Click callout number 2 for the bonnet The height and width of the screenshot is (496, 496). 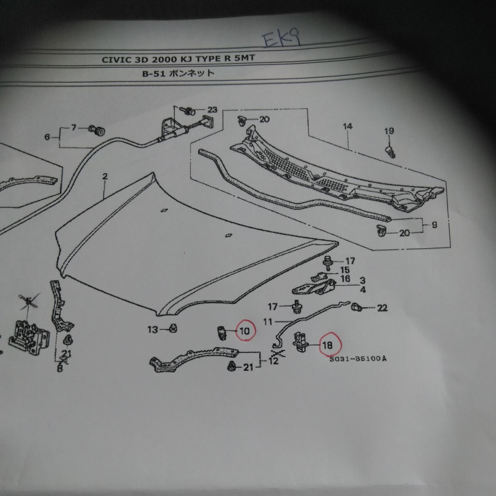point(105,176)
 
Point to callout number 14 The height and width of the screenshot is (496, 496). point(347,126)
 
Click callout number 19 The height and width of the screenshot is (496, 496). point(389,131)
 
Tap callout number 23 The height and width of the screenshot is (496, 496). point(212,110)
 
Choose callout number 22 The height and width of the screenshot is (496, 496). point(382,308)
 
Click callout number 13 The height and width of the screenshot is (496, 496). point(153,329)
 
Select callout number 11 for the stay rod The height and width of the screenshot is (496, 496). point(268,322)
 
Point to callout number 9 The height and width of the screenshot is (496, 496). point(434,225)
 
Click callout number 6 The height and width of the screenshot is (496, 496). point(47,137)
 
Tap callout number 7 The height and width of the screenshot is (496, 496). point(74,127)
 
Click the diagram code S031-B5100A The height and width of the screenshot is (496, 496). point(358,359)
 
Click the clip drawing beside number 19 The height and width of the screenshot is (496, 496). point(390,151)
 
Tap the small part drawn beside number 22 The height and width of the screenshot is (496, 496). point(356,307)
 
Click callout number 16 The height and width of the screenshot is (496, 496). point(345,279)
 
